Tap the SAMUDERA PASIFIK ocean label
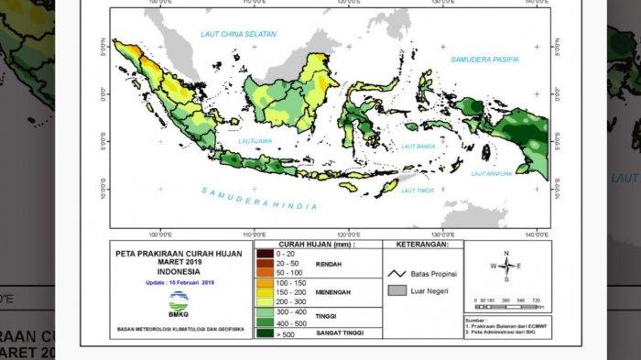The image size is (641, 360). [x=484, y=60]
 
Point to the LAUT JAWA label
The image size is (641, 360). [x=254, y=142]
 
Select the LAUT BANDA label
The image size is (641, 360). [x=418, y=144]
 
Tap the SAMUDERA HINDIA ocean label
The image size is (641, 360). [x=259, y=199]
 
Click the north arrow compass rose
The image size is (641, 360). [x=505, y=266]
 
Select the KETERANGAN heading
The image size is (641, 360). [x=420, y=246]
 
